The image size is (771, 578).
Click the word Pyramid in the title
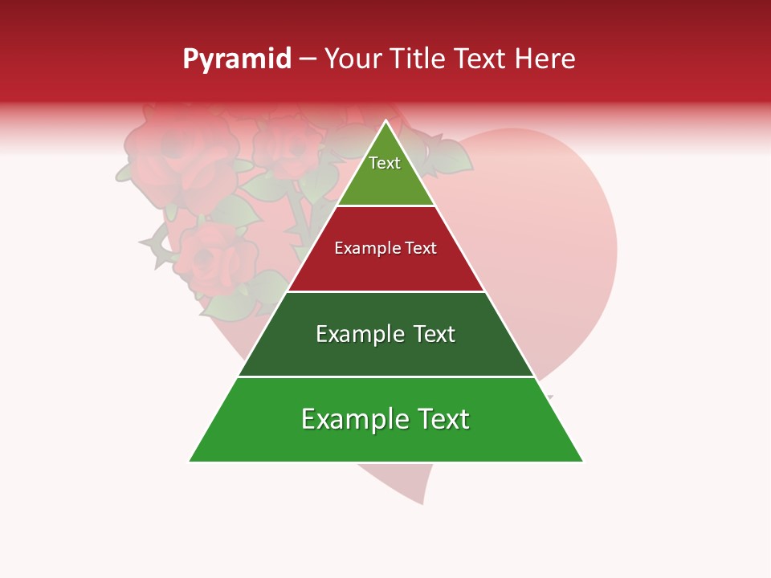[x=237, y=59]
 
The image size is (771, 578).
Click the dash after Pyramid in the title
[x=308, y=59]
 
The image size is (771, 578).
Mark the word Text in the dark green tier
[x=434, y=334]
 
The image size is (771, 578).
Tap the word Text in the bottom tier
[x=442, y=419]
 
